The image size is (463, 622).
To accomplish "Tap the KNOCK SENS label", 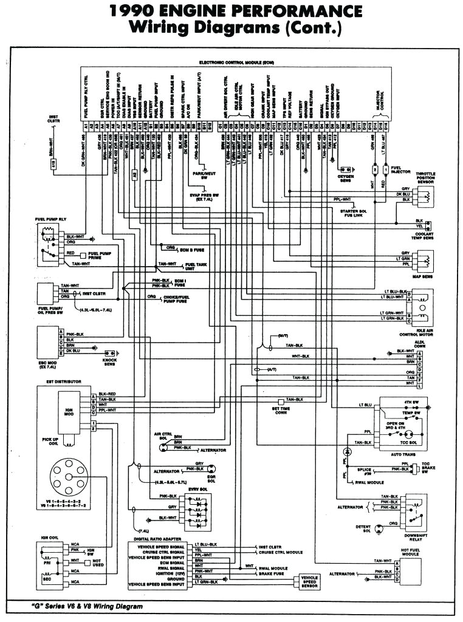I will point(109,363).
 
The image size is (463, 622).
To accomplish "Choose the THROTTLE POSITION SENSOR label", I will point(425,177).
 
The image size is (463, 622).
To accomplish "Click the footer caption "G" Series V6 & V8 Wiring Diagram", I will point(87,607).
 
